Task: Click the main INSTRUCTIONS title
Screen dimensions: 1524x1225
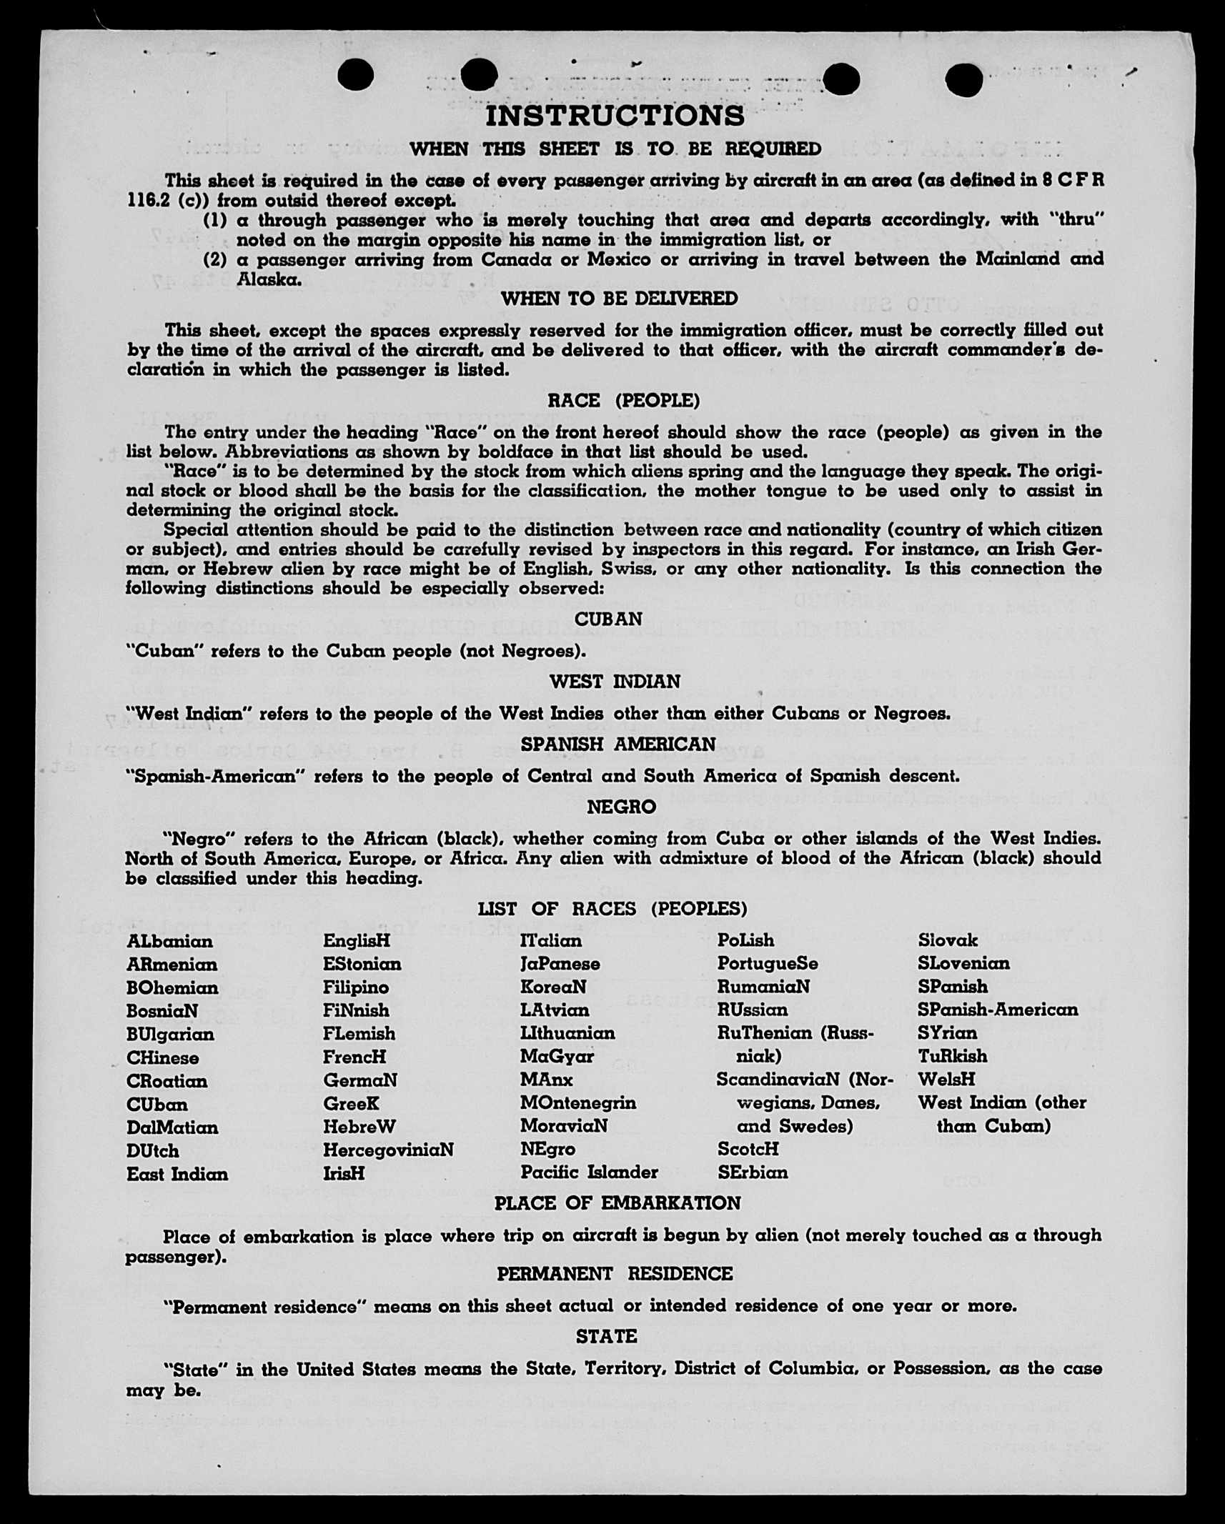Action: (x=615, y=116)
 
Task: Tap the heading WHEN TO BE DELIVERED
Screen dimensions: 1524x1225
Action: (x=619, y=299)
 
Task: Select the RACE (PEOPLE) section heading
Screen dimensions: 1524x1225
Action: (x=623, y=401)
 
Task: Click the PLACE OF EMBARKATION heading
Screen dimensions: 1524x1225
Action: (x=618, y=1203)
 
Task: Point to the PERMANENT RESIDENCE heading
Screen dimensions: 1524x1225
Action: (x=615, y=1274)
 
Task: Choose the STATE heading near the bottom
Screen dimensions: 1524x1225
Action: (x=606, y=1336)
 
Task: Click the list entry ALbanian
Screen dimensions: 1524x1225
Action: (x=169, y=942)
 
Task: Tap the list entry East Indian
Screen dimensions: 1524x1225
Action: (x=177, y=1175)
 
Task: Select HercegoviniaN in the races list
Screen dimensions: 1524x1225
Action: (x=388, y=1150)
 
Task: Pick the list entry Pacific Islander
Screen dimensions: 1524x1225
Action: (x=589, y=1172)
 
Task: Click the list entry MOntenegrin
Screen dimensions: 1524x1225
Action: (x=577, y=1103)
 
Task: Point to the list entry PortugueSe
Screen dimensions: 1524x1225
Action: (x=768, y=964)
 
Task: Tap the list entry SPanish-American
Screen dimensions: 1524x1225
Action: (x=998, y=1010)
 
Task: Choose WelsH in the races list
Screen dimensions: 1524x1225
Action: (x=946, y=1079)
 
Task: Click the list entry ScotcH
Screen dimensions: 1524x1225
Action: (x=748, y=1150)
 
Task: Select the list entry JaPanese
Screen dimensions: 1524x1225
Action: (x=560, y=964)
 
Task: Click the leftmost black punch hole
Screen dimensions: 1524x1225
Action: (x=355, y=74)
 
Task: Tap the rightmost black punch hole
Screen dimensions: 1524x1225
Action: (x=964, y=79)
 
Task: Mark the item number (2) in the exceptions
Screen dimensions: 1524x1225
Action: (x=215, y=259)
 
